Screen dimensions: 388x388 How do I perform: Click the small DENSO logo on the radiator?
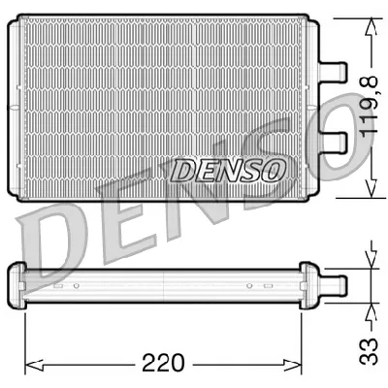229,171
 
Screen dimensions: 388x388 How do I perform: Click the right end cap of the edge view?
310,282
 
